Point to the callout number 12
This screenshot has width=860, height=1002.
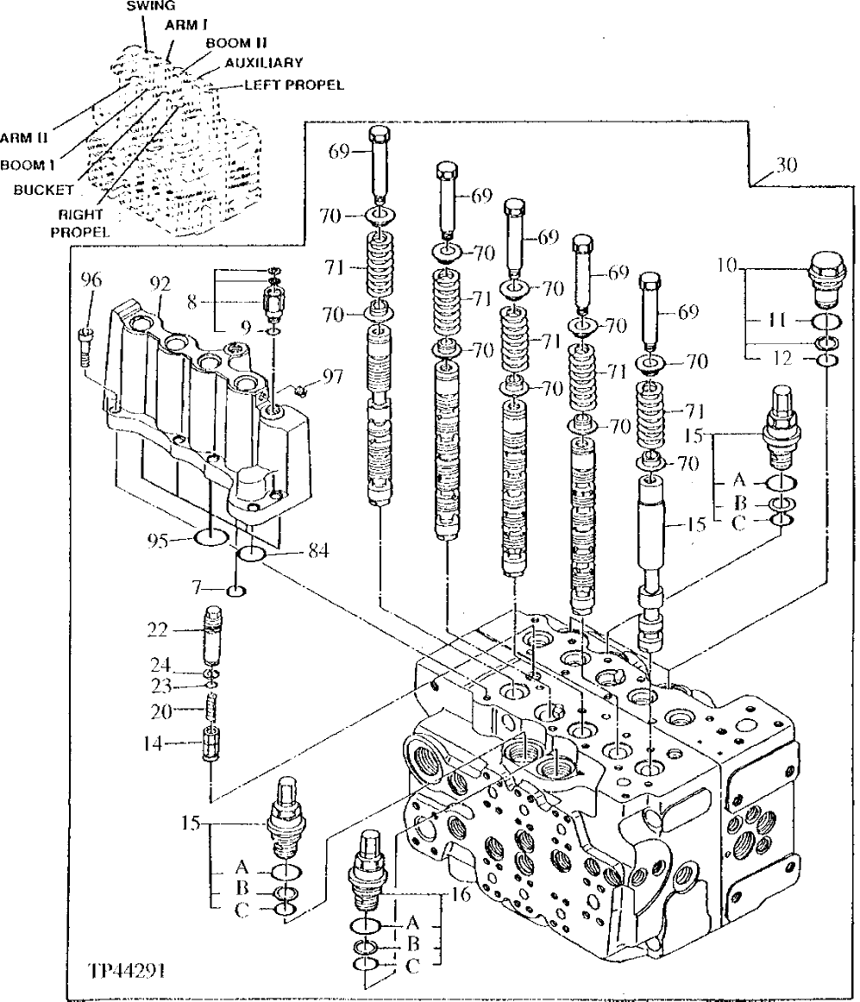pyautogui.click(x=782, y=356)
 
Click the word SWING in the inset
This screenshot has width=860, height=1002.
pyautogui.click(x=145, y=6)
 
